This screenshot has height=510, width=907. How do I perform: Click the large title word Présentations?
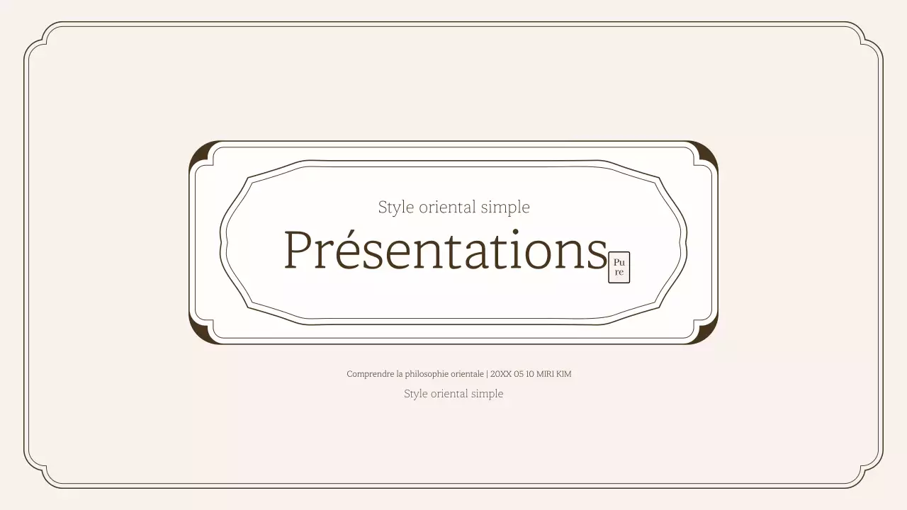tap(445, 251)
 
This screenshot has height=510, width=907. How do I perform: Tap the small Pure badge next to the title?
tap(619, 267)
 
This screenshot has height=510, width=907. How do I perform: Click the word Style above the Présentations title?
tap(395, 208)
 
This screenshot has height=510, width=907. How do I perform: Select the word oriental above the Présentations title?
tap(447, 208)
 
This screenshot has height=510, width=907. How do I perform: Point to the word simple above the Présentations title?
tap(505, 208)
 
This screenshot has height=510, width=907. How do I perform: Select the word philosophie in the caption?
tap(427, 374)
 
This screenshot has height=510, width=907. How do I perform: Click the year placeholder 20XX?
tap(500, 374)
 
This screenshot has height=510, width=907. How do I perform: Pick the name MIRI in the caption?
tap(545, 374)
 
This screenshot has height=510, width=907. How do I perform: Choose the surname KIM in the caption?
tap(563, 374)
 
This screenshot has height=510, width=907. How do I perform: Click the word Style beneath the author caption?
tap(416, 394)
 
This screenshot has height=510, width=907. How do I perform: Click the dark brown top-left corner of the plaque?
tap(198, 150)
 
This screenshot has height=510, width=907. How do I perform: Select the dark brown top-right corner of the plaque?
tap(709, 150)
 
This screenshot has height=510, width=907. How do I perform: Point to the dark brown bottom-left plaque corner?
tap(198, 335)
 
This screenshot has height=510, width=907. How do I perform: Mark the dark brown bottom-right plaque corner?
tap(709, 335)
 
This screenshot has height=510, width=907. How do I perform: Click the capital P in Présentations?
tap(298, 251)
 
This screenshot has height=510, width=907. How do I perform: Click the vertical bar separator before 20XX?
tap(487, 374)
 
